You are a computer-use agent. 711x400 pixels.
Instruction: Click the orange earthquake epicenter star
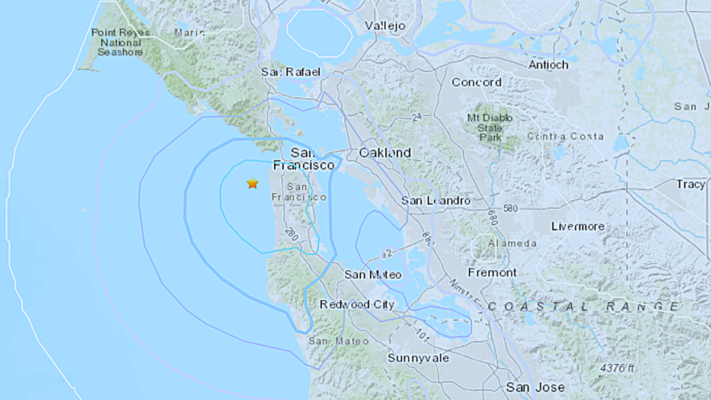coord(252,183)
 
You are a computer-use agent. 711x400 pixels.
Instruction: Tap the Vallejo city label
coord(385,26)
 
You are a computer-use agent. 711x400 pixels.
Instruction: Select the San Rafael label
coord(290,72)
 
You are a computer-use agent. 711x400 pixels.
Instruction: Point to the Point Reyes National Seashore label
coord(117,42)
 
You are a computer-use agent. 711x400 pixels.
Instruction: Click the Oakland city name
coord(385,153)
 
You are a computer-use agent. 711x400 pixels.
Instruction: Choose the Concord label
coord(476,82)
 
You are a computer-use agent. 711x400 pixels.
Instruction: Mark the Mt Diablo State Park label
coord(489,127)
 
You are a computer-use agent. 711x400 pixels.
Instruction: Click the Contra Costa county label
coord(565,137)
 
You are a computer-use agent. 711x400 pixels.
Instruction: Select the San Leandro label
coord(435,201)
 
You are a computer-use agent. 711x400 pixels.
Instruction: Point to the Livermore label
coord(578,226)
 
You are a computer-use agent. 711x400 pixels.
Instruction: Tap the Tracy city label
coord(690,184)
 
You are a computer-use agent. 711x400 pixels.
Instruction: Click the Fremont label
coord(492,273)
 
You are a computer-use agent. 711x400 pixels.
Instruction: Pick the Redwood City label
coord(357,305)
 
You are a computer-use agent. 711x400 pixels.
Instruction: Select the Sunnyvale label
coord(418,358)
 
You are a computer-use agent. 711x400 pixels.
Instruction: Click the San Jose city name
coord(535,388)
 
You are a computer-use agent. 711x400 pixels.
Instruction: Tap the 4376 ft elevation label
coord(617,369)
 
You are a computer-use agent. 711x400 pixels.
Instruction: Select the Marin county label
coord(190,33)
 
